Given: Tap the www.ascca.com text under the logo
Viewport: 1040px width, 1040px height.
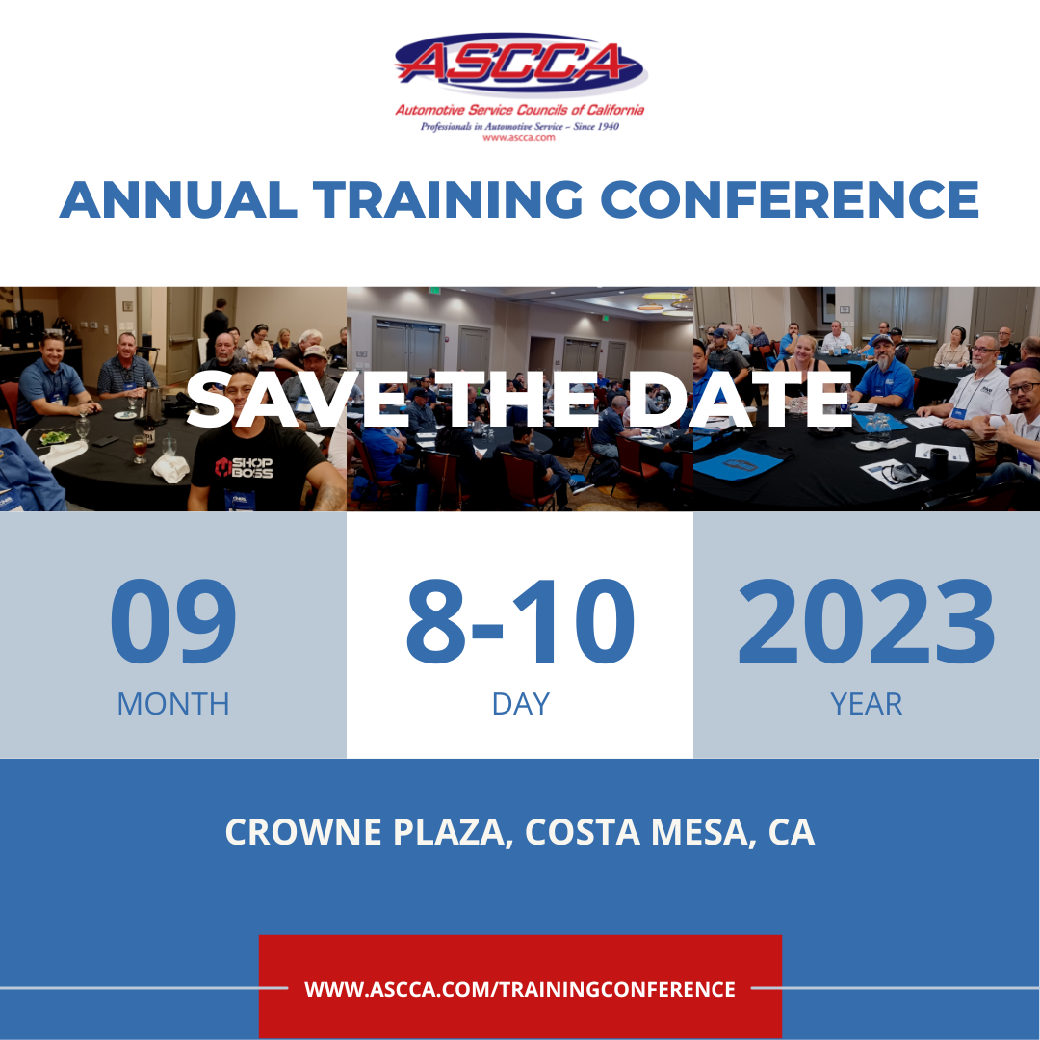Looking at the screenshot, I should pyautogui.click(x=520, y=138).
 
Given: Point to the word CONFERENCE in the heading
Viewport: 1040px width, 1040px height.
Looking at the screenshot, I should pyautogui.click(x=790, y=199).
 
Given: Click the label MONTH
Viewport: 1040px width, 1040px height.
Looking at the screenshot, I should pyautogui.click(x=173, y=704).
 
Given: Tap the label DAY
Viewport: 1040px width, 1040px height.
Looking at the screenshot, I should pyautogui.click(x=520, y=704).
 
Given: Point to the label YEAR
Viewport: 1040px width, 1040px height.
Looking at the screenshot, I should pyautogui.click(x=866, y=704).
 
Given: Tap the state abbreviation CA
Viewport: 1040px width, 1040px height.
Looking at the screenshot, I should pyautogui.click(x=792, y=832).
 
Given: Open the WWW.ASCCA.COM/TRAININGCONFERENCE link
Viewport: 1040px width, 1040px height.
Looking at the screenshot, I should pyautogui.click(x=520, y=989).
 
